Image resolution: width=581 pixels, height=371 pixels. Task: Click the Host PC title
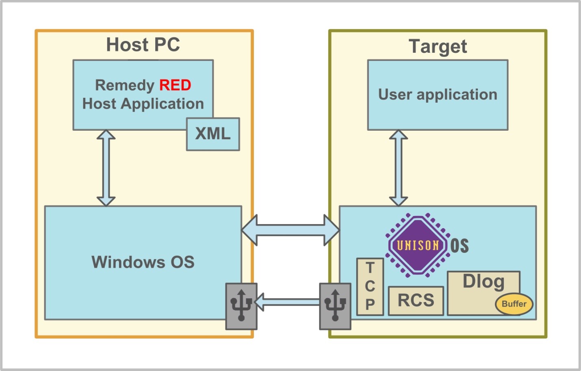[143, 45]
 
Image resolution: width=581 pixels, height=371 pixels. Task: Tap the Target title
[438, 46]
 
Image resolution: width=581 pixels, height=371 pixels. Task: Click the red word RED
[175, 85]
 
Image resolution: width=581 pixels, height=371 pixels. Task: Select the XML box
[213, 134]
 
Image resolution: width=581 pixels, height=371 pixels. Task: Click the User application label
[438, 95]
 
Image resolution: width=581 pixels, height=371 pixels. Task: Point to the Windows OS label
[143, 262]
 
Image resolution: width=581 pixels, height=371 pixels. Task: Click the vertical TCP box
[370, 287]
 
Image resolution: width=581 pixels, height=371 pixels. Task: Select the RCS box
[416, 301]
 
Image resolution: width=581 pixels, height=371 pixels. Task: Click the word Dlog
[483, 281]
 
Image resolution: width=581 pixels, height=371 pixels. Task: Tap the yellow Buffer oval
[514, 304]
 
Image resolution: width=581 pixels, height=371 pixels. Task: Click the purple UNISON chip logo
[418, 245]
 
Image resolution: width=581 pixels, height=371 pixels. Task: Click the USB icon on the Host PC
[241, 306]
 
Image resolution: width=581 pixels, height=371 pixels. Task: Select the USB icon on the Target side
[335, 306]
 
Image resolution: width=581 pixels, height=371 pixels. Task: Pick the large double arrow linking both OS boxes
[290, 230]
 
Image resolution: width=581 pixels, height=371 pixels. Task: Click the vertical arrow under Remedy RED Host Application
[106, 168]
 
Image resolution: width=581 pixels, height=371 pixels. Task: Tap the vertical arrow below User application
[399, 168]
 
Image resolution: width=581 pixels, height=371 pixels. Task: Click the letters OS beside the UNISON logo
[460, 246]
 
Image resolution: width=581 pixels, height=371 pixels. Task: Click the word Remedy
[124, 85]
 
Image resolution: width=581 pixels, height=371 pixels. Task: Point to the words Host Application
[143, 104]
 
